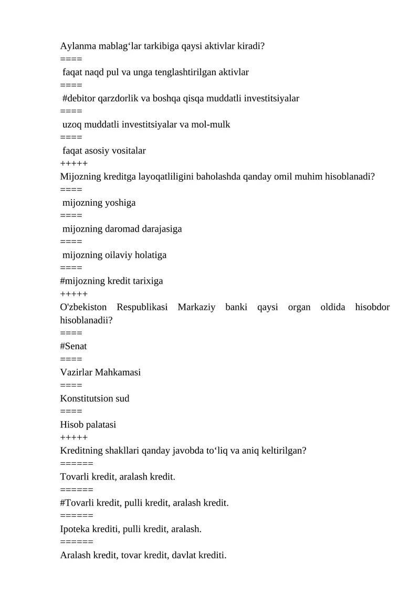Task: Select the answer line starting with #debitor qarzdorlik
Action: (x=181, y=98)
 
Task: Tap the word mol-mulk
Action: (x=212, y=124)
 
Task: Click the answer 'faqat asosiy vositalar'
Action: (x=104, y=151)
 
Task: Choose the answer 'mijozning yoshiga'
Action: (x=99, y=203)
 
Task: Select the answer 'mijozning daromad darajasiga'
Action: (x=122, y=229)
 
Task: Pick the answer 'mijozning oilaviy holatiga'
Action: (x=114, y=255)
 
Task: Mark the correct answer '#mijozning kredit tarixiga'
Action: (x=111, y=281)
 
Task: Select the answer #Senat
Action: (x=73, y=346)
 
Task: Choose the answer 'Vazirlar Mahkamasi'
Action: (x=100, y=372)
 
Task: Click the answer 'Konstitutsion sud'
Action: (x=94, y=398)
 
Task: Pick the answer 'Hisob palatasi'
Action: (x=88, y=424)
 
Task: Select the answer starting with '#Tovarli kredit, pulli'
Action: (x=144, y=503)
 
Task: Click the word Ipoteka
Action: (x=76, y=529)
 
